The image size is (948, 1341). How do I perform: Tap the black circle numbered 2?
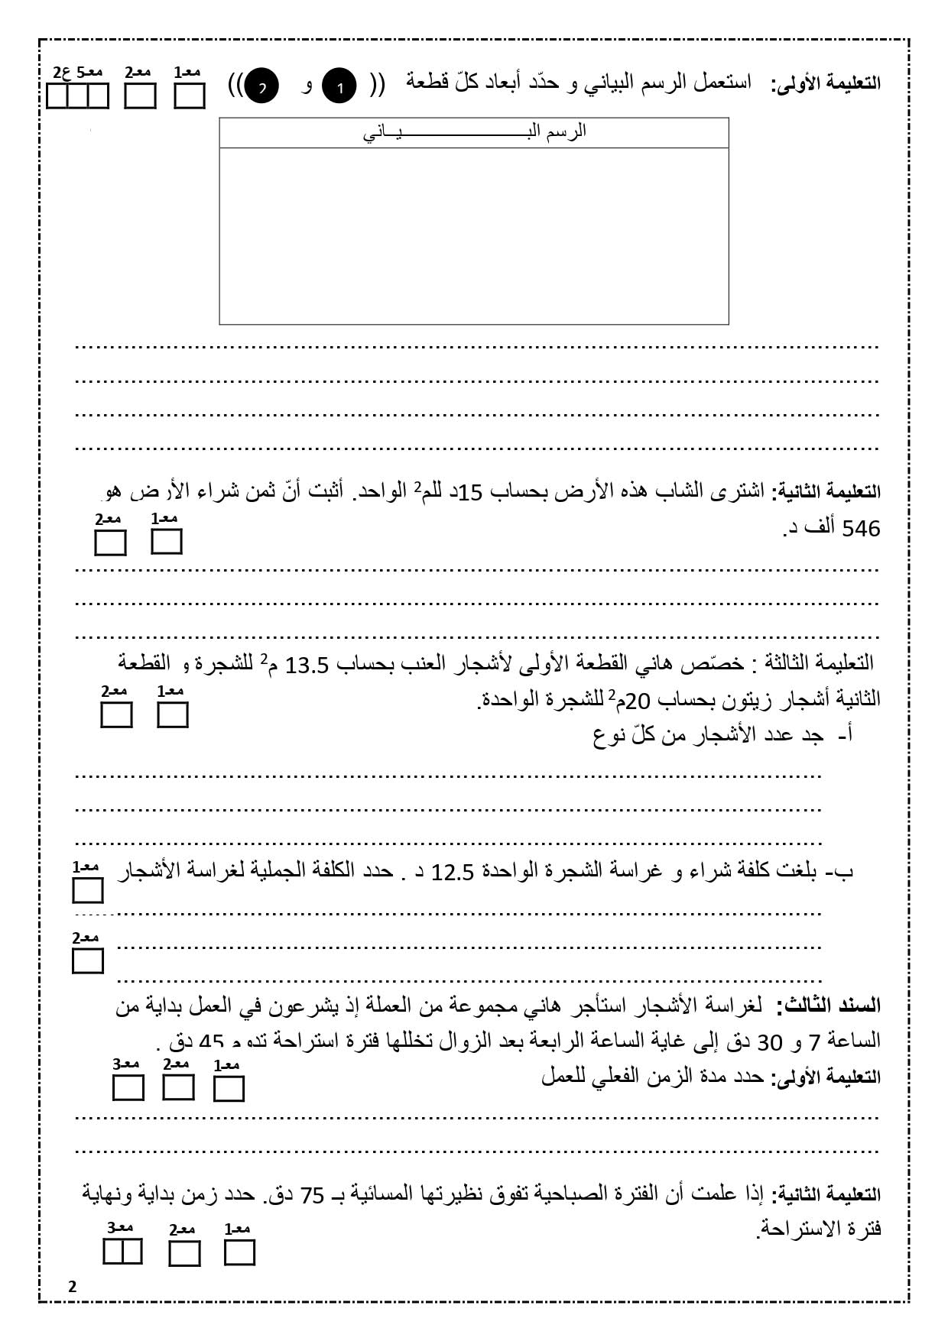click(261, 86)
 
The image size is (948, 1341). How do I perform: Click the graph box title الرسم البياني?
click(474, 131)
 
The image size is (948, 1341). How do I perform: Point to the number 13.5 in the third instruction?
click(307, 666)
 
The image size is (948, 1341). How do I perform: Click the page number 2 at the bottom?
click(73, 1287)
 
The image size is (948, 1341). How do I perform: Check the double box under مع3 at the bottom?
click(122, 1253)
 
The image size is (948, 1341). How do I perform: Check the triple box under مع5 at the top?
click(77, 97)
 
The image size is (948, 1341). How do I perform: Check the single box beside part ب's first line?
click(88, 890)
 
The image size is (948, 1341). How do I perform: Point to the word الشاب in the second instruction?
click(692, 492)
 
